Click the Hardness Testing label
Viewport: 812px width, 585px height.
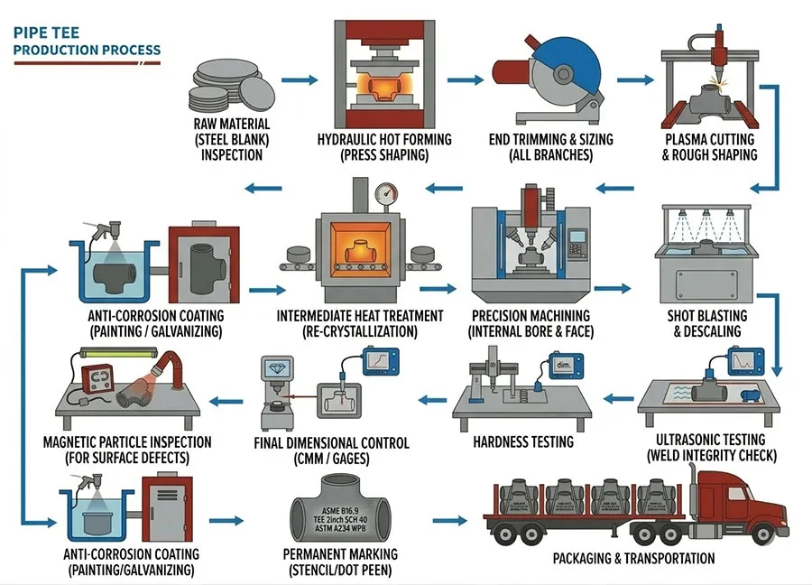click(523, 442)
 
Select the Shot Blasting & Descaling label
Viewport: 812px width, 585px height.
click(705, 323)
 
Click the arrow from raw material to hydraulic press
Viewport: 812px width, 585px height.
click(305, 79)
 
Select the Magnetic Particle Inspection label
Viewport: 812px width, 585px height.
click(127, 450)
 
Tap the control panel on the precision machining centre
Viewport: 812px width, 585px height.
click(574, 237)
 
